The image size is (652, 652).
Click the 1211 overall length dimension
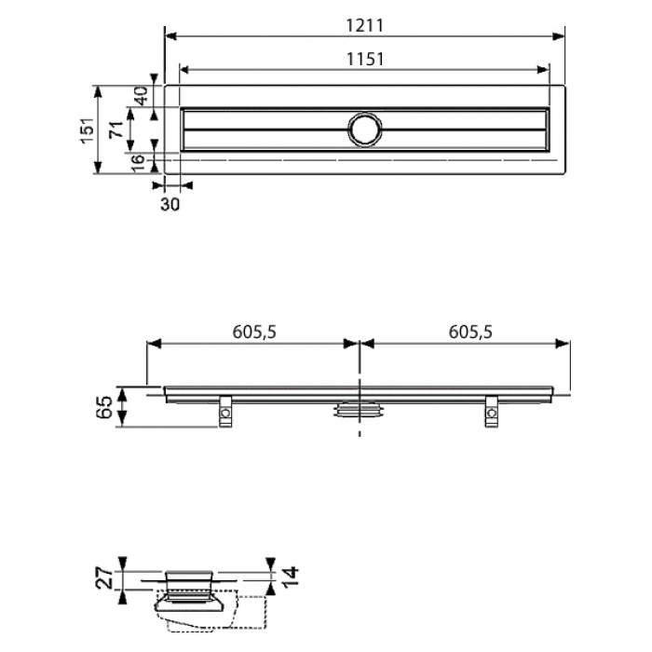coord(365,26)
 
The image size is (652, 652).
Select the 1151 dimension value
coord(365,60)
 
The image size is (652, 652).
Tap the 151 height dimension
coord(88,130)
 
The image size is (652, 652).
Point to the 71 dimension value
coord(116,129)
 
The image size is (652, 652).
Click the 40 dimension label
coord(141,96)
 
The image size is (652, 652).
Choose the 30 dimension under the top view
coord(170,204)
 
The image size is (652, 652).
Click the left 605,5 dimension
coord(254,332)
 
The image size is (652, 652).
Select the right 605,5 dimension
coord(470,332)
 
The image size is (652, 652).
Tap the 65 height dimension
coord(104,407)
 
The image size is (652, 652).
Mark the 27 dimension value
coord(104,578)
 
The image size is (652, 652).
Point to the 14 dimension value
coord(291,576)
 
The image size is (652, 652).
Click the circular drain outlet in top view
coord(365,129)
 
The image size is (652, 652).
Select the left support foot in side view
coord(225,412)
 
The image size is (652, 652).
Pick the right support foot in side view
coord(491,412)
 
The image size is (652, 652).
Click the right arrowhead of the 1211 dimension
coord(558,36)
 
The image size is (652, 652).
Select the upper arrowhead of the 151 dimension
coord(98,92)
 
